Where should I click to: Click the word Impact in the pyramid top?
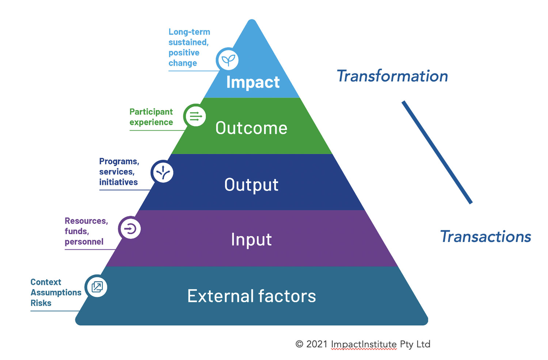tap(253, 82)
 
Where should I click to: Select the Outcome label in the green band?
tap(251, 128)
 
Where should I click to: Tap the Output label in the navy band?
tap(251, 185)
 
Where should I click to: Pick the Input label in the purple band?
tap(251, 240)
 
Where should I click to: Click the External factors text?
tap(251, 296)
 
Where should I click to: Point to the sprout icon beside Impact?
tap(228, 60)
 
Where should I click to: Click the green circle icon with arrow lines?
tap(195, 116)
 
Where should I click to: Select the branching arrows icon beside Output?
tap(163, 172)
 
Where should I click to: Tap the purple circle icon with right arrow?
tap(130, 229)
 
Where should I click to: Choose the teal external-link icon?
tap(97, 287)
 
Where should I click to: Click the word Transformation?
tap(392, 76)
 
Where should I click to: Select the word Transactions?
tap(486, 237)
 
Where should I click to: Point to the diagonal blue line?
tap(437, 152)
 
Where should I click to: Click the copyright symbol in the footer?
tap(299, 344)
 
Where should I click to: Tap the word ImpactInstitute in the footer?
tap(364, 344)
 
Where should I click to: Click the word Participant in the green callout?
tap(151, 112)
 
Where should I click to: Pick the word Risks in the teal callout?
tap(41, 303)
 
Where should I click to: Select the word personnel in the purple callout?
tap(84, 242)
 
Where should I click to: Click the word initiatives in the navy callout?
tap(118, 182)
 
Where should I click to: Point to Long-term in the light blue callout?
tap(189, 32)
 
